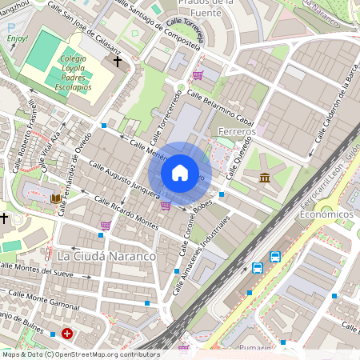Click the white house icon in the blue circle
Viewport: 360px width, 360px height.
tap(180, 172)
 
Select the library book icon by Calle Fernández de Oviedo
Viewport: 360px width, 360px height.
tap(56, 198)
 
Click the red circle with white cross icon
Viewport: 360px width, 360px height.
tap(67, 333)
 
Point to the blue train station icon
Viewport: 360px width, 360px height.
tap(258, 268)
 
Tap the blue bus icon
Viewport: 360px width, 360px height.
tap(275, 257)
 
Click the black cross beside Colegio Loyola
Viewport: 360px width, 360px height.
tap(117, 61)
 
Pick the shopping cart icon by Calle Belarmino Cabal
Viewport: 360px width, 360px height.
tap(197, 75)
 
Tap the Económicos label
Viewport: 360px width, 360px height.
tap(326, 215)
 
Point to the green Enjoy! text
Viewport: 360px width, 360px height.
tap(17, 38)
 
